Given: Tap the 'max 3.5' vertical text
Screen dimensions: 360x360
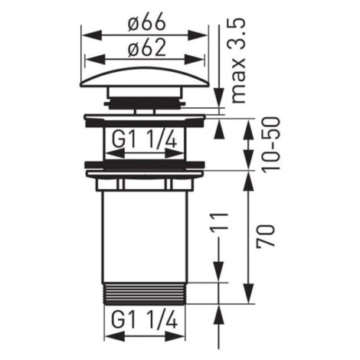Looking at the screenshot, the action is tap(239, 61).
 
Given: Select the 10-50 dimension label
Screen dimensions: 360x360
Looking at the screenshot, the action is tap(272, 143).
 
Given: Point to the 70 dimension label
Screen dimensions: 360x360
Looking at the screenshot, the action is tap(267, 235).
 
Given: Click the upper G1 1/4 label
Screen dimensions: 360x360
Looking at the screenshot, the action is tap(145, 140).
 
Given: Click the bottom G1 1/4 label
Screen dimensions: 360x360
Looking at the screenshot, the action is tap(145, 320).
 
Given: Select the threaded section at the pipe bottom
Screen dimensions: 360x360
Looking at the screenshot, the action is tap(145, 293).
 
